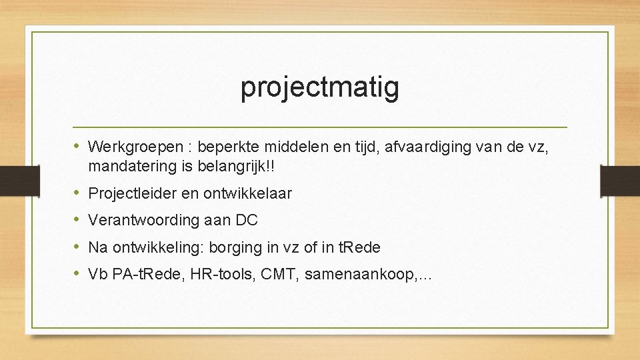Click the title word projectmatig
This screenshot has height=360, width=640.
coord(320,87)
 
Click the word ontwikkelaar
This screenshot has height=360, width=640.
coord(251,194)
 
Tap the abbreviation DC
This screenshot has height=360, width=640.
coord(247,221)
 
